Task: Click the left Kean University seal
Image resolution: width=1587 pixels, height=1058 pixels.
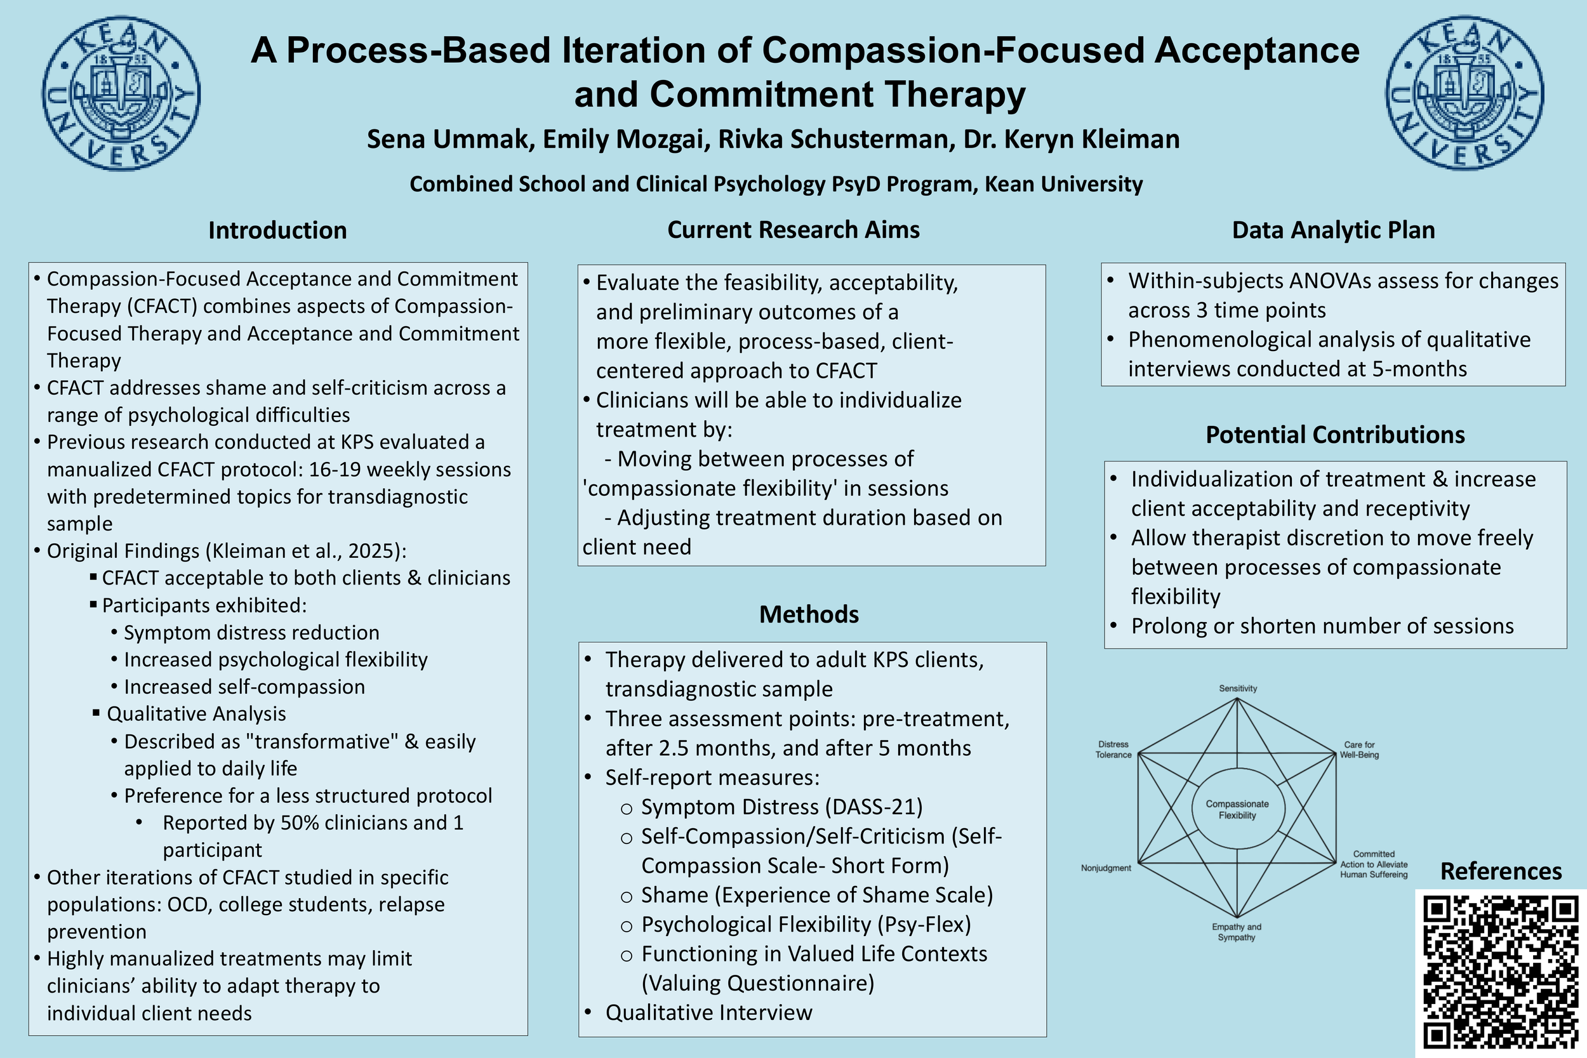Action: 121,93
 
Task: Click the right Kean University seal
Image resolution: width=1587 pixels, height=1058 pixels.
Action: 1465,93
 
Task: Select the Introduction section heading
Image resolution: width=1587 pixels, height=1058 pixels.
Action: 277,230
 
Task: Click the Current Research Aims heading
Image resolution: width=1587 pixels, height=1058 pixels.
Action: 793,229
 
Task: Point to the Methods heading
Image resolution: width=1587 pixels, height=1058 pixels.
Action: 809,614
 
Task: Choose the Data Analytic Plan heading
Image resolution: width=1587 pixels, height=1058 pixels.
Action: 1333,230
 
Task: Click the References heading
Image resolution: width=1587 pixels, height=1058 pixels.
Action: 1501,871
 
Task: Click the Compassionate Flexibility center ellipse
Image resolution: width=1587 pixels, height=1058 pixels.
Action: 1237,809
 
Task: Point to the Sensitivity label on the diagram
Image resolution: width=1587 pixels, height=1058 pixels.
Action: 1237,688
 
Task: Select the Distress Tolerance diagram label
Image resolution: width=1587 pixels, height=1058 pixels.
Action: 1113,750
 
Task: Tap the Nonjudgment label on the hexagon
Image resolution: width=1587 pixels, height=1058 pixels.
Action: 1106,868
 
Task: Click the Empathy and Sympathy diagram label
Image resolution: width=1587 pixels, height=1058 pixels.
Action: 1236,932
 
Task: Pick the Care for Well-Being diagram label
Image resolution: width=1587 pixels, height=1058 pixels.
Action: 1359,750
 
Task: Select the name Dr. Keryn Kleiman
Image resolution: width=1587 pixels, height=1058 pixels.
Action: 1072,139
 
